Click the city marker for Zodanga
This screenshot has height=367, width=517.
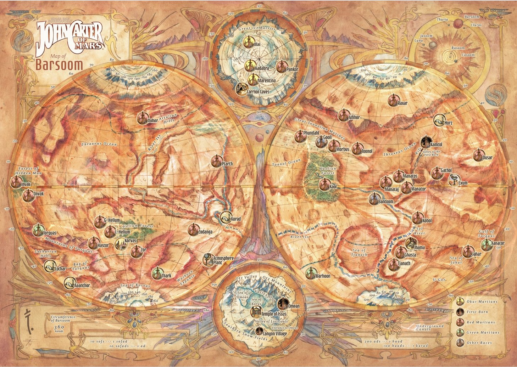tap(194, 230)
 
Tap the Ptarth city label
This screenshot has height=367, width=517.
tap(227, 164)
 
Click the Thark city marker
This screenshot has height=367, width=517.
tap(157, 273)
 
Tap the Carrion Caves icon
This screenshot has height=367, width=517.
tap(242, 88)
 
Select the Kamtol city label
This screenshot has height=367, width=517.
tap(436, 145)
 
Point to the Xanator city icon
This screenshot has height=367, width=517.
tap(487, 245)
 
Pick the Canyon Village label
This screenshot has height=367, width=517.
tap(275, 333)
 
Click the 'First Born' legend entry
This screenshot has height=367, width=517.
tap(477, 312)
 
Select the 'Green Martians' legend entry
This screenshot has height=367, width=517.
tap(483, 333)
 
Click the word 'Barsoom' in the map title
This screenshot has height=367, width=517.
tap(59, 65)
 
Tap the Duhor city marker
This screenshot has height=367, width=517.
tap(143, 118)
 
